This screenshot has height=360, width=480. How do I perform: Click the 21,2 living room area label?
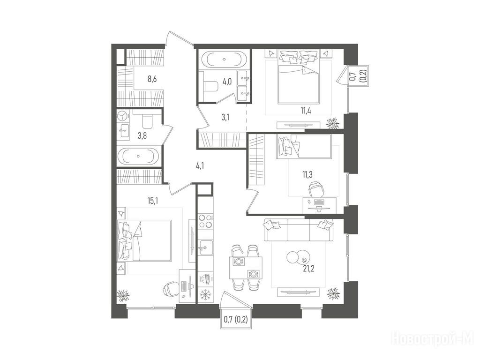click(308, 269)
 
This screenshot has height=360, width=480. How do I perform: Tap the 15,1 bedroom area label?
click(152, 201)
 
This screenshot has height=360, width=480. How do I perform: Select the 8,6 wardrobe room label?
click(153, 79)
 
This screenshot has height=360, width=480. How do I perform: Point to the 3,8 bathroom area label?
click(142, 135)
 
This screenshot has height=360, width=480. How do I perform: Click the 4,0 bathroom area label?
click(227, 82)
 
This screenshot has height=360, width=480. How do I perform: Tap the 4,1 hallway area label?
click(200, 166)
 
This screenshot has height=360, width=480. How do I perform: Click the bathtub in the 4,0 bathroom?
click(224, 60)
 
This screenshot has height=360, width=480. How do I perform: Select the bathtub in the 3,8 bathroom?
click(139, 156)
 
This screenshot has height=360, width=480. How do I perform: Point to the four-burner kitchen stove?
click(205, 221)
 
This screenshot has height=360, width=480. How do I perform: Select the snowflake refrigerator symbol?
click(204, 295)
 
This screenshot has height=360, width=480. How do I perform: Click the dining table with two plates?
click(246, 268)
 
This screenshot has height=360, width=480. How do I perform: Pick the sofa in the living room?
click(299, 231)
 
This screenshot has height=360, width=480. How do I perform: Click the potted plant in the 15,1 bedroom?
click(123, 295)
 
